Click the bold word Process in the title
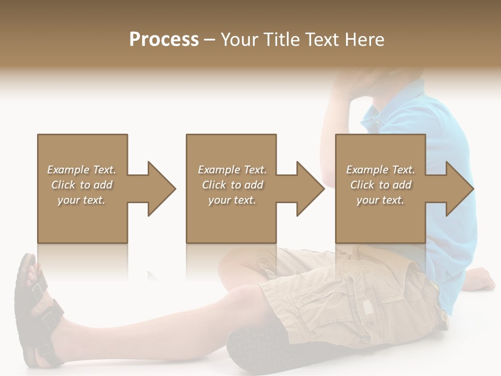(x=164, y=39)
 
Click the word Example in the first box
(x=68, y=170)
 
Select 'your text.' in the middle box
(x=232, y=200)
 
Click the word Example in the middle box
(x=219, y=170)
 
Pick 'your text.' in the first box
(x=81, y=200)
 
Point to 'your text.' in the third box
(x=380, y=200)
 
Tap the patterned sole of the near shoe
(x=250, y=350)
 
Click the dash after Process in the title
(x=210, y=40)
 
